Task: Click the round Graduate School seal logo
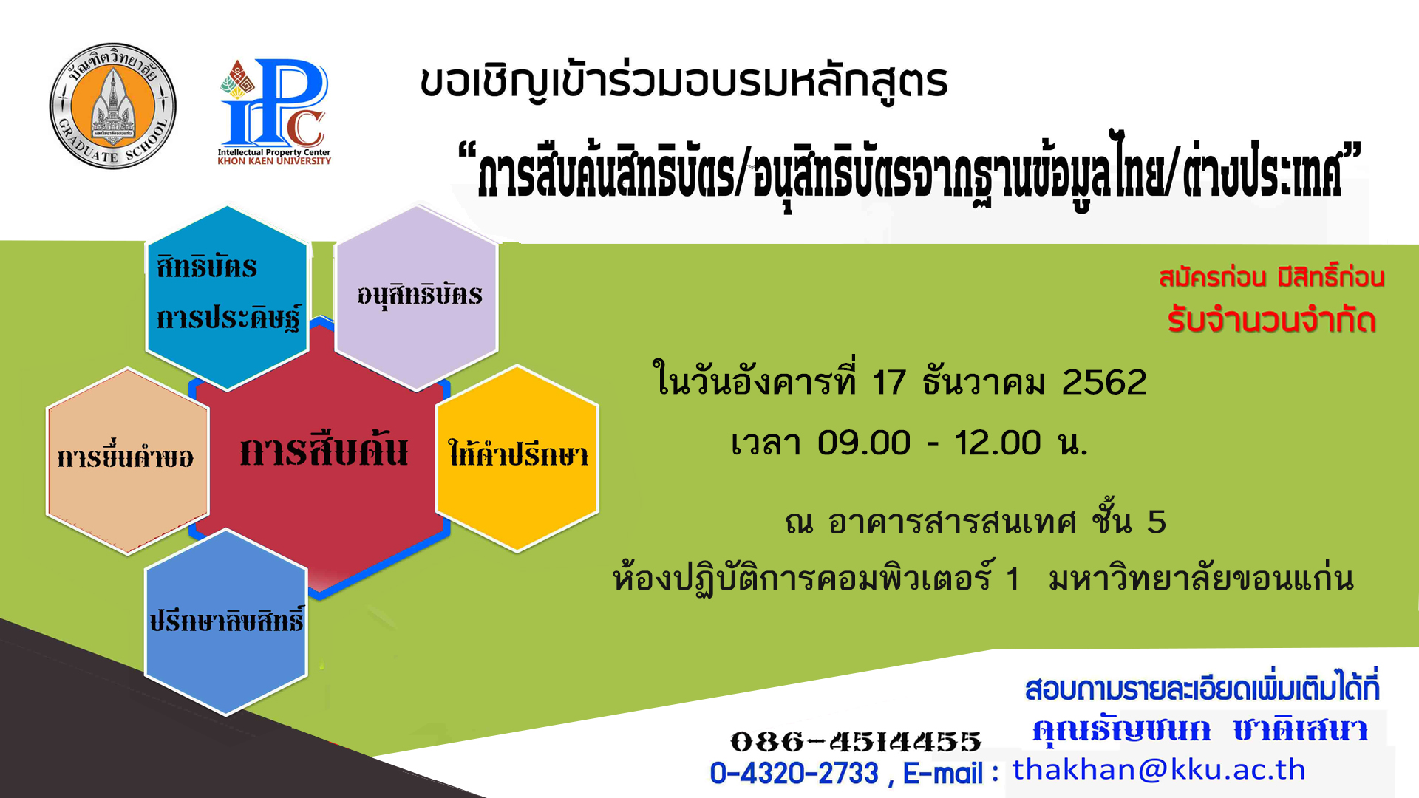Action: (x=112, y=106)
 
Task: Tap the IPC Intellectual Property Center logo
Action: (x=274, y=111)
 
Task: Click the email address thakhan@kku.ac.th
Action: (x=1158, y=770)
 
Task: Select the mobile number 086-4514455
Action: (x=856, y=741)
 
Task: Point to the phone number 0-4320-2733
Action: (x=794, y=774)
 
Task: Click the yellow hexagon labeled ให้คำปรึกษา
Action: (x=517, y=458)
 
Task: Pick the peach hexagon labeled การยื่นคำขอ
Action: (x=127, y=460)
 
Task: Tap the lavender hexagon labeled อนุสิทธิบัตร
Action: (x=417, y=298)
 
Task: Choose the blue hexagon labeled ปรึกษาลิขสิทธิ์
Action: (x=226, y=622)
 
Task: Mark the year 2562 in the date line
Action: (x=1104, y=383)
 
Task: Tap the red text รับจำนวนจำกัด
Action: (x=1271, y=321)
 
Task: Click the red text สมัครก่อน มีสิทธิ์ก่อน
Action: (x=1271, y=277)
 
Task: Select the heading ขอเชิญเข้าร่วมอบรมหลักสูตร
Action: (x=684, y=81)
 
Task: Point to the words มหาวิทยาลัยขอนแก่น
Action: (x=1201, y=579)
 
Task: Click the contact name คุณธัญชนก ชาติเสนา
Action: (x=1199, y=729)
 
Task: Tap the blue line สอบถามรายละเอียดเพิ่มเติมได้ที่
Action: (x=1202, y=688)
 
